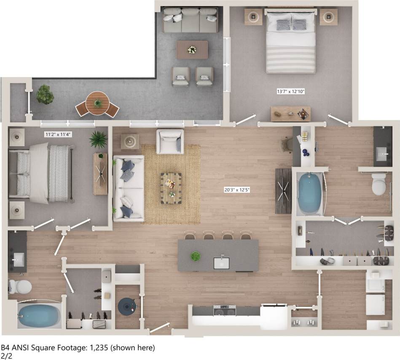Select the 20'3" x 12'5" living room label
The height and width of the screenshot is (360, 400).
pyautogui.click(x=237, y=189)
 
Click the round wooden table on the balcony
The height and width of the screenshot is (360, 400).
pyautogui.click(x=97, y=102)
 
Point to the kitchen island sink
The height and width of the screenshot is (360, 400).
pyautogui.click(x=221, y=263)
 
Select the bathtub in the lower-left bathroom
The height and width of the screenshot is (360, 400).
pyautogui.click(x=39, y=316)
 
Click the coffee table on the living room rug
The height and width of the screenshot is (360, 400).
pyautogui.click(x=171, y=188)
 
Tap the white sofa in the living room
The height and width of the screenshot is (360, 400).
pyautogui.click(x=129, y=187)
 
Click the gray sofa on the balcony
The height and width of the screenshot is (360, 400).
pyautogui.click(x=191, y=20)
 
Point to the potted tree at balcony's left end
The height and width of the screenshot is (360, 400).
pyautogui.click(x=45, y=94)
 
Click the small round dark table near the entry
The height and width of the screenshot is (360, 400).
pyautogui.click(x=127, y=306)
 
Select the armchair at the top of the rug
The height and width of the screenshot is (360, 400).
pyautogui.click(x=170, y=141)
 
